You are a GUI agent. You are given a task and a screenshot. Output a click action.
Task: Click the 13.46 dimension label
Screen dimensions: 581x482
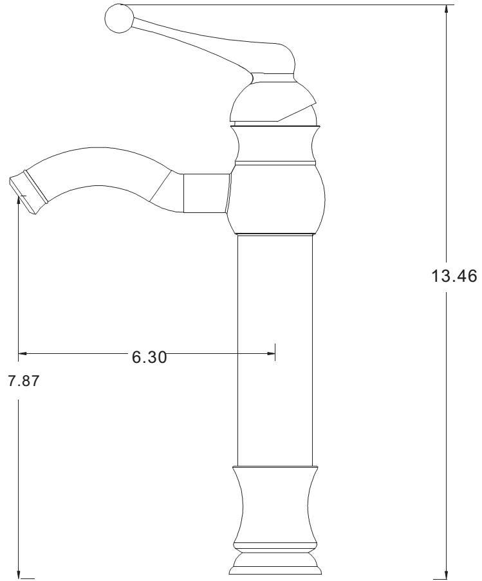454,277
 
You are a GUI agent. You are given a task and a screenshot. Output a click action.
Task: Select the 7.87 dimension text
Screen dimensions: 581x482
23,380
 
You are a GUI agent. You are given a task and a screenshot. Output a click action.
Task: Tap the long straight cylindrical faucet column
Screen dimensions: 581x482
275,347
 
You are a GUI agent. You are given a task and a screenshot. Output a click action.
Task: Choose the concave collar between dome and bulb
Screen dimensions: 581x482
275,145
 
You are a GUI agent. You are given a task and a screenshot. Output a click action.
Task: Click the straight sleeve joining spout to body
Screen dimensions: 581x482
206,192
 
